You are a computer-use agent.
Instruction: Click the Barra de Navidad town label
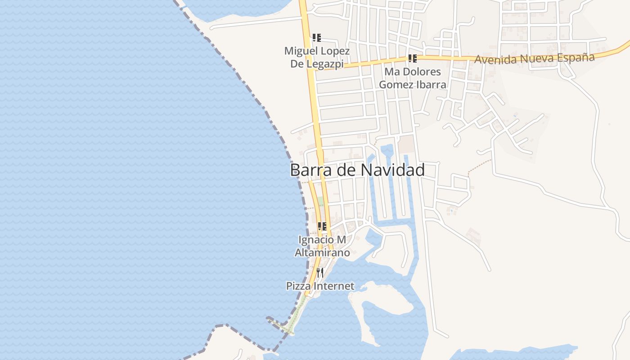(x=357, y=171)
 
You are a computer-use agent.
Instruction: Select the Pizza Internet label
(x=320, y=286)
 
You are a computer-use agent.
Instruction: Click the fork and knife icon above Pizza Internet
(x=319, y=272)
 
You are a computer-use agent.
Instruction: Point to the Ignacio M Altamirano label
(x=322, y=246)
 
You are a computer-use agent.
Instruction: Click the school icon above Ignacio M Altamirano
(x=322, y=226)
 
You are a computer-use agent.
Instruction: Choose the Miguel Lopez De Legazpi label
(x=317, y=57)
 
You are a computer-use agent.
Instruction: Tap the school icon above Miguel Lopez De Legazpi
(x=317, y=38)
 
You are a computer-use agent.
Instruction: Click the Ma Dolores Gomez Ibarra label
(x=413, y=78)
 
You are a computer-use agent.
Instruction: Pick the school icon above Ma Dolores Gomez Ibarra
(x=412, y=58)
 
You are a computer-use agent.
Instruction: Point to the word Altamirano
(x=322, y=253)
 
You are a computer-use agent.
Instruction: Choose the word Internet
(x=333, y=286)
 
